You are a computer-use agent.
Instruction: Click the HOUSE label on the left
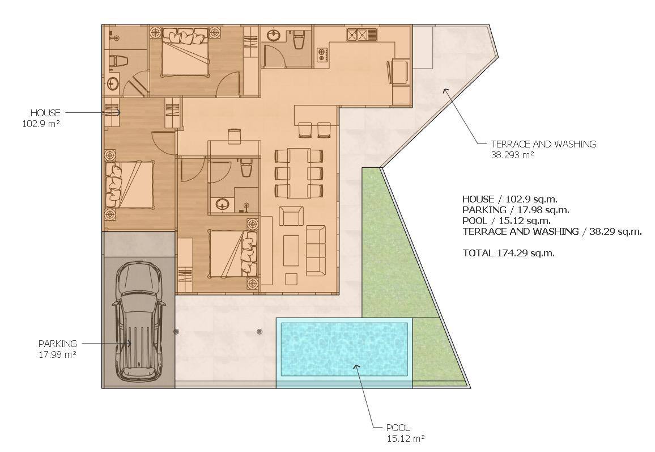(45, 113)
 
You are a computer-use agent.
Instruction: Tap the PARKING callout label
(58, 344)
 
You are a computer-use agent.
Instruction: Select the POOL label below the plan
(398, 428)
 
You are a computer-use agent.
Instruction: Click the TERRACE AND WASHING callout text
(543, 144)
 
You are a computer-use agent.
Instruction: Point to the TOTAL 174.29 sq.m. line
(508, 252)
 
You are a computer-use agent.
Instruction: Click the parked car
(139, 321)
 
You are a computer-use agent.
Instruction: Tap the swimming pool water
(344, 349)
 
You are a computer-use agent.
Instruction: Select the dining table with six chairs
(298, 173)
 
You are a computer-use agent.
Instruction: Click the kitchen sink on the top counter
(361, 34)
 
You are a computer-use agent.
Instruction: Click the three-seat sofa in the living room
(316, 251)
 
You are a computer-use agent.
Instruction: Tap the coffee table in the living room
(291, 251)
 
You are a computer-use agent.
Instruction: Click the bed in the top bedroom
(185, 52)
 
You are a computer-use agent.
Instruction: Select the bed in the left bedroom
(129, 185)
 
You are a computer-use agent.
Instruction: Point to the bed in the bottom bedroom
(233, 254)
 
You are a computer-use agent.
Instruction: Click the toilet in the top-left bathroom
(118, 61)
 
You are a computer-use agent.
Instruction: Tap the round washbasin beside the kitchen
(274, 35)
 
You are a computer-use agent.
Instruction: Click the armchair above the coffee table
(291, 216)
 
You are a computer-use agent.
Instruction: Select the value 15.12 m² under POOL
(406, 438)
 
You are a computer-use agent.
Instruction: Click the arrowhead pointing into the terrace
(445, 91)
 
